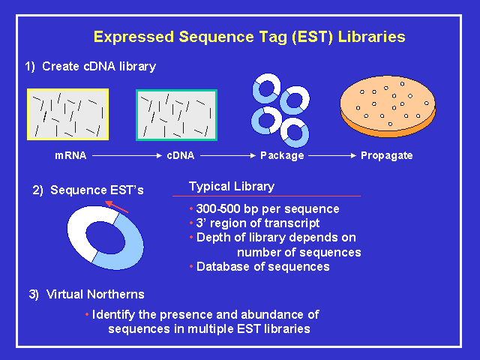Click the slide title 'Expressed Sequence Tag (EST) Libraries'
point(249,36)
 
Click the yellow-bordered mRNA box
point(68,114)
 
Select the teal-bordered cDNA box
point(176,115)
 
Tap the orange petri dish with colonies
point(387,108)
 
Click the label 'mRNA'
point(70,156)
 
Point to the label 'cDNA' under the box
point(179,156)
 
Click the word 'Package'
point(282,156)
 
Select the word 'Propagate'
point(387,156)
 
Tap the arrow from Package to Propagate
point(331,156)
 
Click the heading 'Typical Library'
point(232,186)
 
